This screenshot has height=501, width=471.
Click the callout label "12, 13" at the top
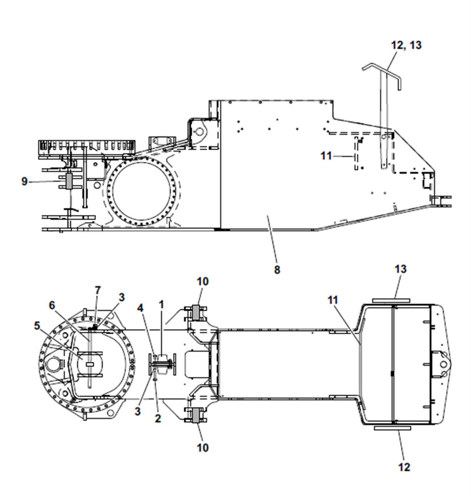pos(406,45)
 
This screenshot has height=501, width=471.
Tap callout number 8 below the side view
pos(277,270)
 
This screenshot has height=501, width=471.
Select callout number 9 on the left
pos(24,181)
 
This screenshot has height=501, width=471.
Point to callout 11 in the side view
pos(326,156)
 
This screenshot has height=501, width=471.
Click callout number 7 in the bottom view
pos(98,290)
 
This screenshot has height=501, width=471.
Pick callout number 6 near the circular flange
pos(52,305)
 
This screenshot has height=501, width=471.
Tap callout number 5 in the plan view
pos(37,326)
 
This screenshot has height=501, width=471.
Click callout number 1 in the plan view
pos(161,304)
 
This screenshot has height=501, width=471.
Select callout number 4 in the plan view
pos(140,308)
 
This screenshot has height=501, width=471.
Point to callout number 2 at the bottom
pos(158,418)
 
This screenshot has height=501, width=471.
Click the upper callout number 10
pos(203,281)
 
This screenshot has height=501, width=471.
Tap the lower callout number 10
pos(203,447)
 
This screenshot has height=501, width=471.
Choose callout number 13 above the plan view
pos(400,269)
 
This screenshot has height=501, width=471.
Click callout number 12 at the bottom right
pos(404,467)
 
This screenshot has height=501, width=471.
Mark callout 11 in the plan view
pos(333,300)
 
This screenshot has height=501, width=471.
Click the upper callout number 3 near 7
pos(122,297)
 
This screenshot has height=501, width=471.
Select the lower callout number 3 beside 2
pos(137,411)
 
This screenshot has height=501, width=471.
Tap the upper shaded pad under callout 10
pos(195,312)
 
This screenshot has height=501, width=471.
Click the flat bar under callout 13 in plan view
pos(391,300)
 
